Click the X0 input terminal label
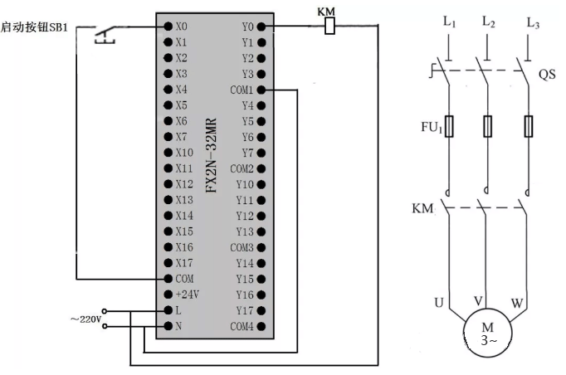coord(182,27)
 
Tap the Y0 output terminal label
coord(246,27)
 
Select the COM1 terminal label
coord(242,90)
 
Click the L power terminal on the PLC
coord(178,309)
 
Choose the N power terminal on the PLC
coord(178,325)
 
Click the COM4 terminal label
coord(242,326)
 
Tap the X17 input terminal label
coord(183,263)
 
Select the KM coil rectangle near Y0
coord(329,27)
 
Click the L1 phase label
coord(450,22)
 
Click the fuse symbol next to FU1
coord(449,126)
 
